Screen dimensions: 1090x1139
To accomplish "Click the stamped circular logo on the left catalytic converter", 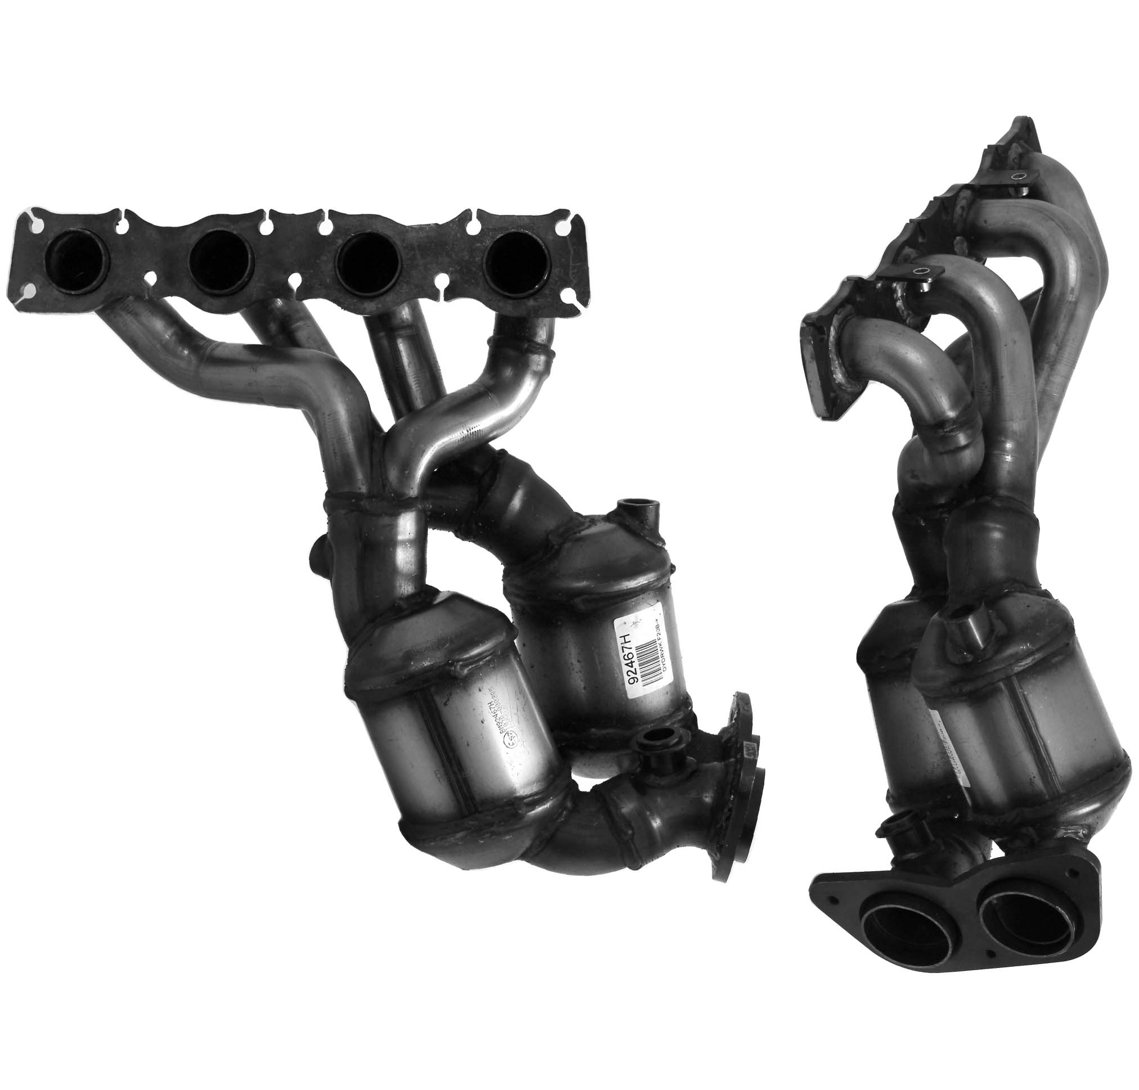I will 511,740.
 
